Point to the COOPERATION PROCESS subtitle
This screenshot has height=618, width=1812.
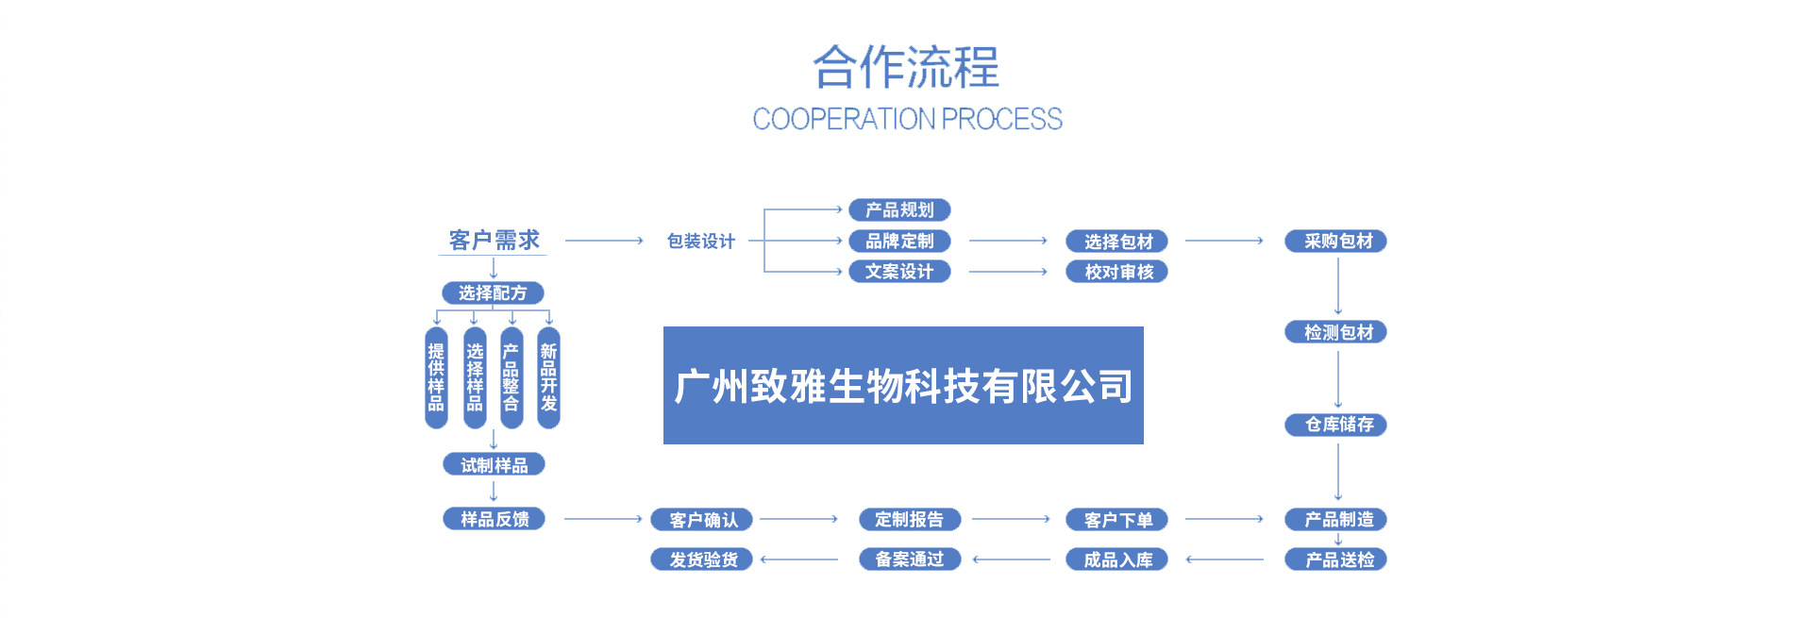click(x=907, y=119)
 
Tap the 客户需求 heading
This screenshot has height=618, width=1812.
click(x=494, y=241)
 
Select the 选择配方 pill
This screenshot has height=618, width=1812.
click(x=493, y=293)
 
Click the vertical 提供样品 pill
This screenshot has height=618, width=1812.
click(x=436, y=377)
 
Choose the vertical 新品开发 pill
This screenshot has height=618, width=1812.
click(x=548, y=377)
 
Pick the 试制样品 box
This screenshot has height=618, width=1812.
click(x=494, y=465)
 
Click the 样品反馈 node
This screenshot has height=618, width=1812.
click(x=494, y=519)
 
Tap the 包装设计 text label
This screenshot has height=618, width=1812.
click(x=700, y=242)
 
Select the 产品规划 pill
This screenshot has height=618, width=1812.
click(x=899, y=209)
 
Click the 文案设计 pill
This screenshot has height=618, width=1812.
click(x=899, y=272)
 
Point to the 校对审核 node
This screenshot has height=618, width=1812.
click(x=1117, y=272)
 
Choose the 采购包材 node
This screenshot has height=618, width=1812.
click(x=1336, y=242)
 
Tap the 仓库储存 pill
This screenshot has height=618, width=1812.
click(x=1336, y=425)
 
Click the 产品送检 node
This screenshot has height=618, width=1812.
click(x=1336, y=560)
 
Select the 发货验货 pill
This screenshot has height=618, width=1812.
click(x=702, y=560)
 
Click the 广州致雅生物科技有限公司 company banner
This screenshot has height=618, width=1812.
click(x=903, y=385)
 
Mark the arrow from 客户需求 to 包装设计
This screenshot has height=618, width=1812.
click(x=604, y=242)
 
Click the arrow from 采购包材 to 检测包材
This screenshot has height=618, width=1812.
click(x=1337, y=286)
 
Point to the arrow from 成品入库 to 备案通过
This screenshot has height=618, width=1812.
click(x=1011, y=560)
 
